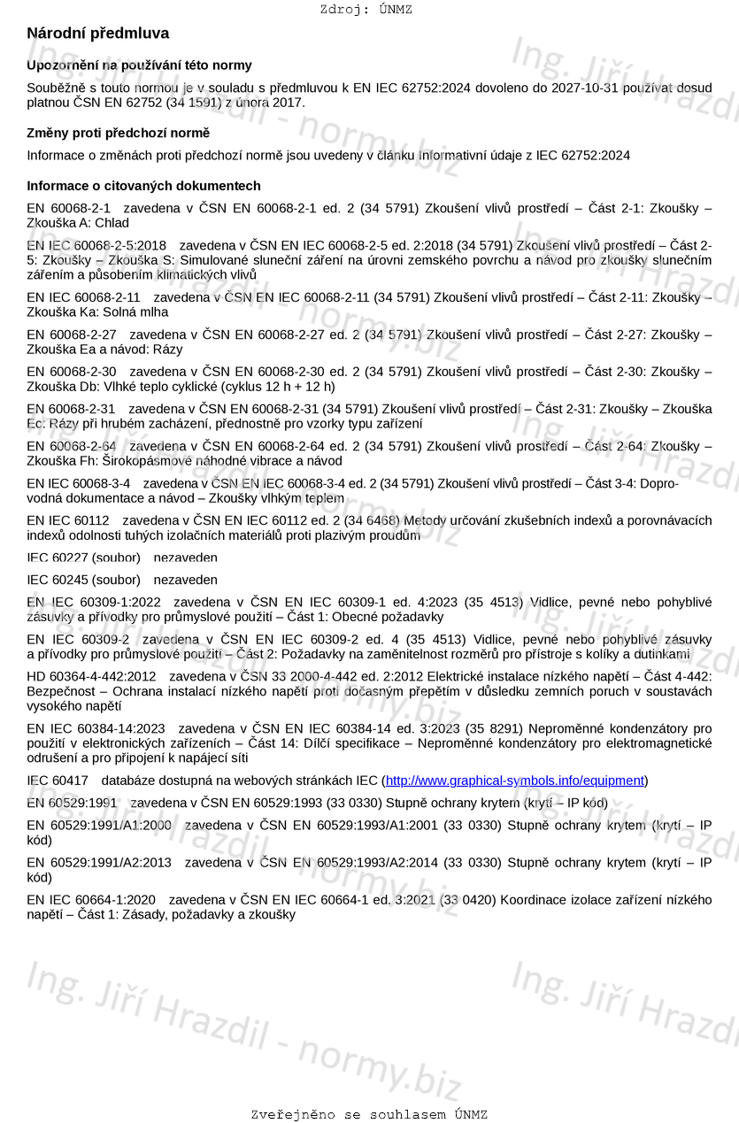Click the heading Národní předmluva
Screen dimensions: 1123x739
pyautogui.click(x=97, y=34)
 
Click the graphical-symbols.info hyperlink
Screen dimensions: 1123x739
pyautogui.click(x=515, y=781)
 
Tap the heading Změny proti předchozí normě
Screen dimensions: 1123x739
pyautogui.click(x=118, y=133)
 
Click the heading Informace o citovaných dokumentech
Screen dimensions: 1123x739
pyautogui.click(x=143, y=186)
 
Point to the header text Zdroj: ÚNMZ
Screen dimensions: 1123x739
pyautogui.click(x=366, y=10)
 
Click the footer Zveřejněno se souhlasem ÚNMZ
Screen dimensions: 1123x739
pyautogui.click(x=369, y=1114)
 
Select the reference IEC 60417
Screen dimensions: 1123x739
pyautogui.click(x=58, y=781)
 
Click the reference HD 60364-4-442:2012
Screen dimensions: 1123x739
pyautogui.click(x=91, y=676)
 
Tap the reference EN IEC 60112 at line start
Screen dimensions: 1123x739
pyautogui.click(x=68, y=520)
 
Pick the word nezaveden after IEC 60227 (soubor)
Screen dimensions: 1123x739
pyautogui.click(x=185, y=558)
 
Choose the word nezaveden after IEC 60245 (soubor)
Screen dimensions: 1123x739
pyautogui.click(x=185, y=581)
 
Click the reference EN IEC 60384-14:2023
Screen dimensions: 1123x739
pyautogui.click(x=96, y=728)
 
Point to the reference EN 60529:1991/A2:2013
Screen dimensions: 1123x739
pyautogui.click(x=99, y=862)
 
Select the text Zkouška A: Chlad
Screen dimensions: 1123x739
pyautogui.click(x=78, y=223)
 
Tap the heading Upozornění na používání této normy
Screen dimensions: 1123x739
pyautogui.click(x=139, y=65)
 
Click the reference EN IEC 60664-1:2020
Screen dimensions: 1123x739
pyautogui.click(x=91, y=900)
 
